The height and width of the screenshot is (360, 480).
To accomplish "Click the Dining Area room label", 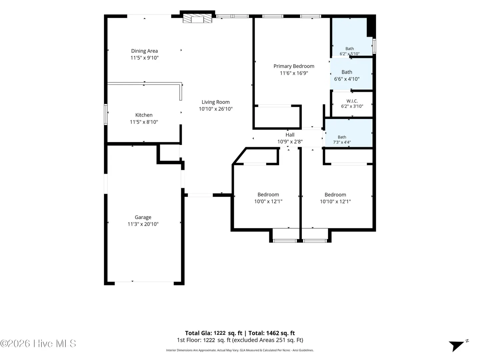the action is pos(144,51).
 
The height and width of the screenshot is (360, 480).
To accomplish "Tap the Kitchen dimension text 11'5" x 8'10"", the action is pos(144,122).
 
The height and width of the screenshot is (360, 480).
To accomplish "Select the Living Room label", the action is pos(216,102).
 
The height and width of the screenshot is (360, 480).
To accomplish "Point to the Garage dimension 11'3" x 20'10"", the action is pos(143,224).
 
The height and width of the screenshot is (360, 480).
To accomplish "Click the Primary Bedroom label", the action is pos(294,66).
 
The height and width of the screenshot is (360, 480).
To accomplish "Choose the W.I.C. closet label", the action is pos(352,101).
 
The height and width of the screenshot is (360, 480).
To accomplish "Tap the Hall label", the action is pos(290,135).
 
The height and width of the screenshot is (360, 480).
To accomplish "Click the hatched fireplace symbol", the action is pos(197,19).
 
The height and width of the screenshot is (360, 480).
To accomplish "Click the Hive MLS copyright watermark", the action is pos(38,343).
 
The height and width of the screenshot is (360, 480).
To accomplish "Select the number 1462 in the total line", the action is pos(272,333).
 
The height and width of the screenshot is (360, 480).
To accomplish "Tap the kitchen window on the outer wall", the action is pos(106,114).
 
